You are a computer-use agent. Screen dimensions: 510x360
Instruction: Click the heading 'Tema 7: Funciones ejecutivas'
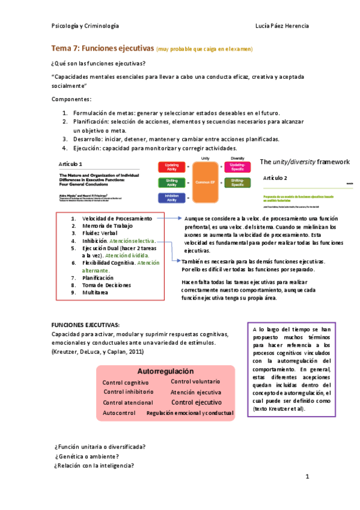tap(102, 48)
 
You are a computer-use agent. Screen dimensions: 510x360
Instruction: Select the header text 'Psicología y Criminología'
tap(85, 26)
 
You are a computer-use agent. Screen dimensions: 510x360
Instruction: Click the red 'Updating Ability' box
tap(171, 167)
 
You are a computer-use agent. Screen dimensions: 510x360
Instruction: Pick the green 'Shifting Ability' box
tap(171, 182)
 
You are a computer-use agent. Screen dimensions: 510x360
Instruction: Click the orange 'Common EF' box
tap(205, 182)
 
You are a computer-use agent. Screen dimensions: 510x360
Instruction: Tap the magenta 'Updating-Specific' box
tap(237, 167)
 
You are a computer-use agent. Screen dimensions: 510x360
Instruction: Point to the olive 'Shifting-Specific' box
tap(237, 182)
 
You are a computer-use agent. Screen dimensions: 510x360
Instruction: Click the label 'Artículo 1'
tap(71, 164)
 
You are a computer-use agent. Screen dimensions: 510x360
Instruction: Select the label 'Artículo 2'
tap(275, 179)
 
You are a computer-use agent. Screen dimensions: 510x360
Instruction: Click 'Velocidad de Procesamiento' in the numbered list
tap(114, 218)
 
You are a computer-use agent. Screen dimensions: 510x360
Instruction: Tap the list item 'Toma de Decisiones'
tap(106, 285)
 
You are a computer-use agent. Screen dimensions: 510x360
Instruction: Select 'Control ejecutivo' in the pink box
tap(197, 402)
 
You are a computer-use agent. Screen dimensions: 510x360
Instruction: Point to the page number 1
tap(307, 478)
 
